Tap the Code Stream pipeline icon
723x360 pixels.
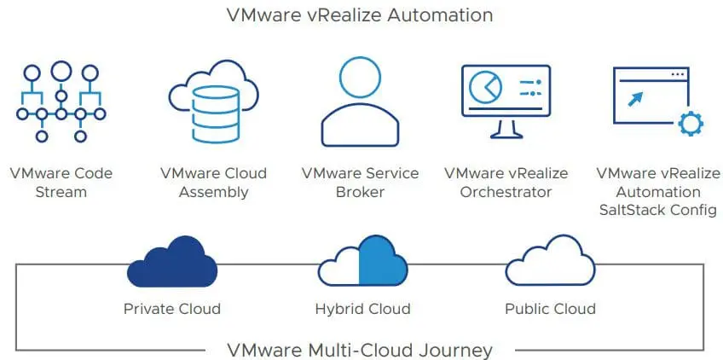[x=61, y=102]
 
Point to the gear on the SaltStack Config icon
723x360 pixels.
[x=688, y=125]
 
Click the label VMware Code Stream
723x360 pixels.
[x=61, y=183]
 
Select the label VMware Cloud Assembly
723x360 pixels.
[x=213, y=183]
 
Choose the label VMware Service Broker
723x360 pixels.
[x=360, y=183]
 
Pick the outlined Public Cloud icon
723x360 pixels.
[x=550, y=264]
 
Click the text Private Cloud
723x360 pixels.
[x=171, y=309]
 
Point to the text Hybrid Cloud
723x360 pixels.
[x=361, y=309]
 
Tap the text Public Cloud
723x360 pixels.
[x=550, y=309]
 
